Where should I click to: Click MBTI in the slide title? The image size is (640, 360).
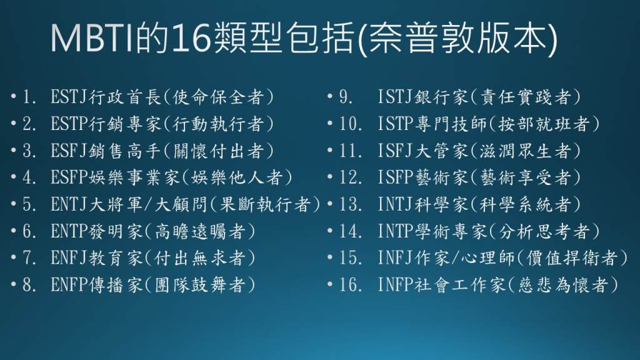(x=92, y=38)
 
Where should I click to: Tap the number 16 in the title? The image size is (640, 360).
(x=191, y=38)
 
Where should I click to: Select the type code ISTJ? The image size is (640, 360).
(x=396, y=97)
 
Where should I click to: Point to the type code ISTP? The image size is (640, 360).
(x=396, y=124)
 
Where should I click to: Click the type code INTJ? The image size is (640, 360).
(x=396, y=204)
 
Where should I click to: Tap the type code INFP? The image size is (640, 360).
(x=396, y=285)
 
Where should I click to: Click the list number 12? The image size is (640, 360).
(x=350, y=177)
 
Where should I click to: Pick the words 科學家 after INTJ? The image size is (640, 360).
(x=442, y=204)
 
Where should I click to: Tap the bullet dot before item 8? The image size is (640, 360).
(x=14, y=284)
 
